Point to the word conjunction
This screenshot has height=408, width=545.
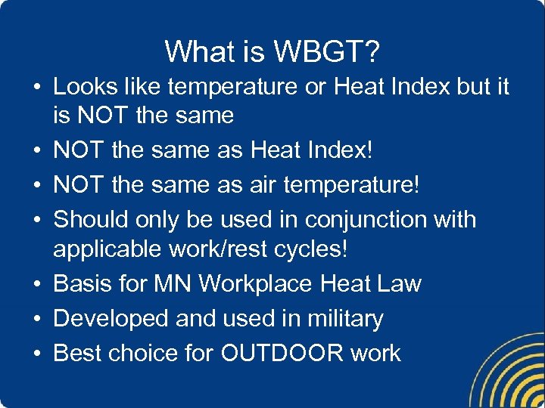[x=374, y=220]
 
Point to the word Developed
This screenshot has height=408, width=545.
[x=111, y=319]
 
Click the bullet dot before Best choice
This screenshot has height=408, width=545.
[x=36, y=354]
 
